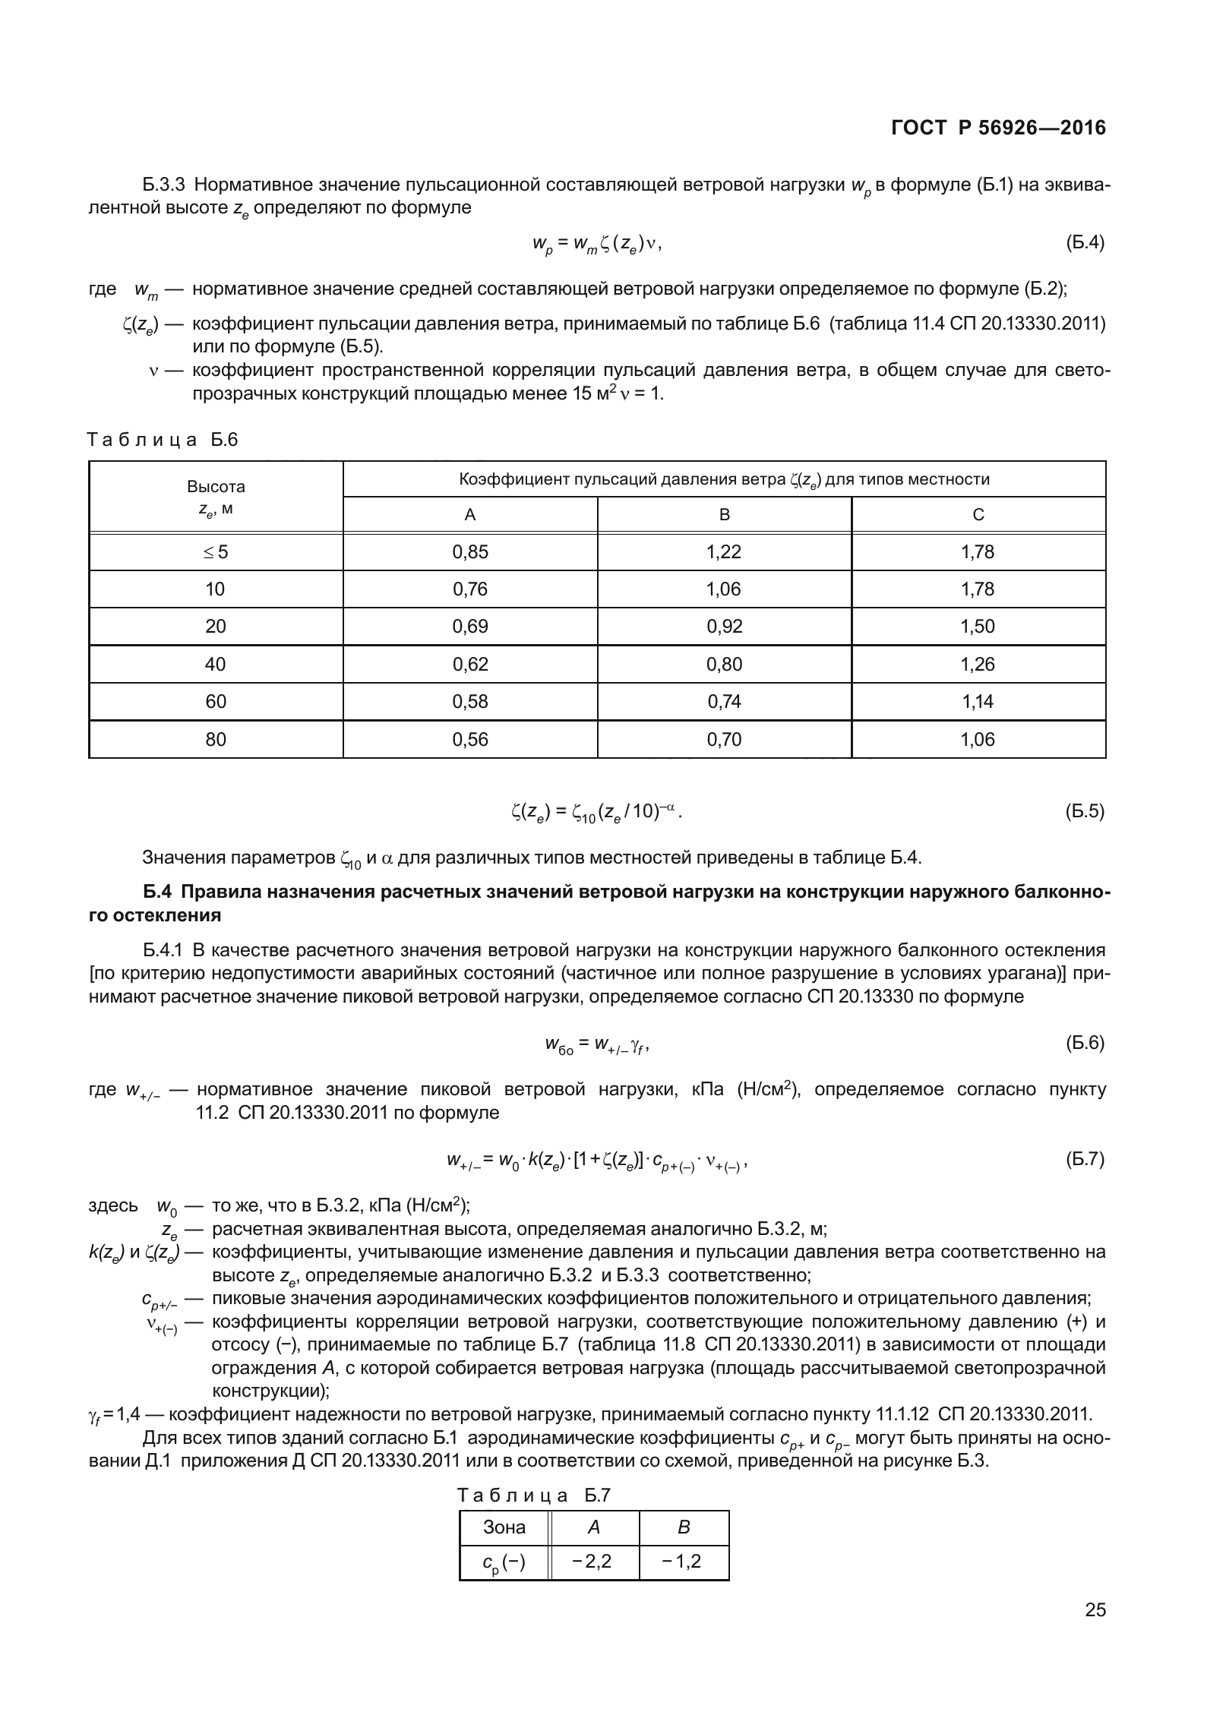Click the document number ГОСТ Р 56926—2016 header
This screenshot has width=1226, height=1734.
coord(998,128)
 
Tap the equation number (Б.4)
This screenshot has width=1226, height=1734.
coord(1085,243)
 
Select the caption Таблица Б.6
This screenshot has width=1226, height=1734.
coord(163,440)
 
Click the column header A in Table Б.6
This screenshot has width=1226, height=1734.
coord(470,515)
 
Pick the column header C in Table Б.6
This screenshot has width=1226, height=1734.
coord(978,515)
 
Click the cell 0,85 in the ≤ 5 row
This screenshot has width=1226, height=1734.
coord(470,552)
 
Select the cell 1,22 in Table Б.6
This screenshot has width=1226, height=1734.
coord(723,552)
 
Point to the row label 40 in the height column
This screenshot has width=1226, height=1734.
coord(216,665)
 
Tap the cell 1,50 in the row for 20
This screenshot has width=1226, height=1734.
coord(978,627)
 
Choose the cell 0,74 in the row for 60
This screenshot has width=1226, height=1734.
coord(723,702)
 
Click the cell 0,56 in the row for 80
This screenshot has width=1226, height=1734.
coord(470,740)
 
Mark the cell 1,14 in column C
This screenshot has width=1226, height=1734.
coord(978,702)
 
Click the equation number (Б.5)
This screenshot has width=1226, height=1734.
coord(1085,811)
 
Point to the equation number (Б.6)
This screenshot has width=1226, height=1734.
coord(1085,1043)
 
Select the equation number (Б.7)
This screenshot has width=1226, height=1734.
coord(1085,1159)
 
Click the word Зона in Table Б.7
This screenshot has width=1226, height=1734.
coord(504,1527)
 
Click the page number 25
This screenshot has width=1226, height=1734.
coord(1095,1631)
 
